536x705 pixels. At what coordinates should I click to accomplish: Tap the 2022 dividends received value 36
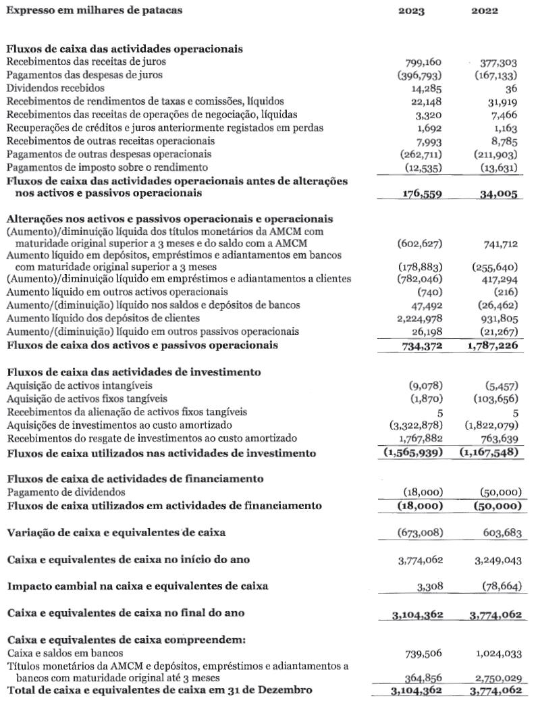click(x=516, y=88)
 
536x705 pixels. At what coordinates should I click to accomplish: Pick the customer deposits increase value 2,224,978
click(x=417, y=319)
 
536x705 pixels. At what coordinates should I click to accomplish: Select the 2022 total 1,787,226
click(x=494, y=345)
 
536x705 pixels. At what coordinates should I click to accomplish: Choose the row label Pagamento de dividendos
click(x=65, y=492)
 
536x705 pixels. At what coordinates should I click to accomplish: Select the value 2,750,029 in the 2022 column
click(x=498, y=677)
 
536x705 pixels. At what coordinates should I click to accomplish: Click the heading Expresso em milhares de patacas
click(x=94, y=11)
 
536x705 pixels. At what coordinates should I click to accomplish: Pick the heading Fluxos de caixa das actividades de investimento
click(x=134, y=372)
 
